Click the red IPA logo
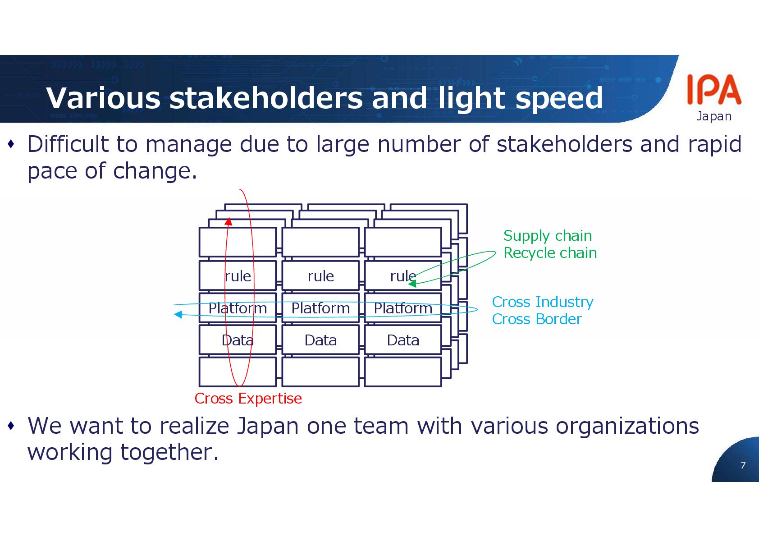(714, 90)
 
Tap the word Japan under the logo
(714, 116)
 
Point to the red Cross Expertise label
(248, 399)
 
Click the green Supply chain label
(547, 236)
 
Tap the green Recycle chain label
(550, 253)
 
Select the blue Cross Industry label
(542, 302)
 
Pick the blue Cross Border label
(536, 319)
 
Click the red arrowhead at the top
(229, 221)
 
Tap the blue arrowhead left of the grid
(178, 314)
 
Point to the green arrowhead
(412, 284)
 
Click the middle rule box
(320, 275)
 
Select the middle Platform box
(320, 308)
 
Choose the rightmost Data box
(403, 340)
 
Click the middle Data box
(320, 340)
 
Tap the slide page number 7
(743, 465)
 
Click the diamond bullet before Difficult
(11, 144)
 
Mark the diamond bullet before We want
(11, 426)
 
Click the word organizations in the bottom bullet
(627, 426)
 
